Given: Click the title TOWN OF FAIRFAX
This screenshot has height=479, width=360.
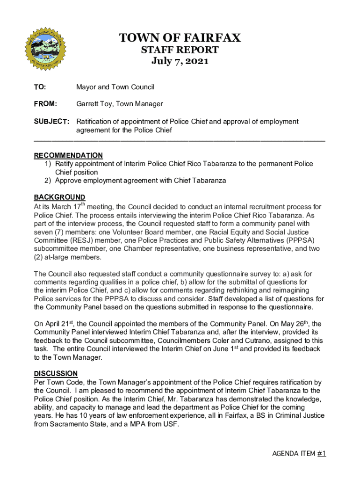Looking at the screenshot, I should (180, 38).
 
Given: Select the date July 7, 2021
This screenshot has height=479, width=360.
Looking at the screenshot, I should (180, 61).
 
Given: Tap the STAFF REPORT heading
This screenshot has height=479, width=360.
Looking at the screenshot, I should (180, 50).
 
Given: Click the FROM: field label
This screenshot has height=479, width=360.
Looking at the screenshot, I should (45, 104).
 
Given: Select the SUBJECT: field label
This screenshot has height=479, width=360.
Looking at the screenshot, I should (51, 122).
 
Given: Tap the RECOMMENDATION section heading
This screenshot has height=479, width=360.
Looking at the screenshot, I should (68, 155).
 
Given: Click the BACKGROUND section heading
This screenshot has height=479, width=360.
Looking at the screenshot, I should (59, 197).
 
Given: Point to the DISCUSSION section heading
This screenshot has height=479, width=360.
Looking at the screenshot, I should (56, 373).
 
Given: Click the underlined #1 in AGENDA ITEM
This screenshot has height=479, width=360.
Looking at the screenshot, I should (322, 453).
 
